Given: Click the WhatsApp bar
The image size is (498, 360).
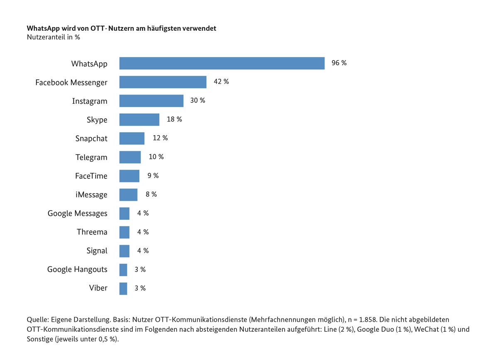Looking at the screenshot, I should [x=222, y=63].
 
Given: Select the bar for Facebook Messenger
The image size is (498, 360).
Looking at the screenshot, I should [x=163, y=82].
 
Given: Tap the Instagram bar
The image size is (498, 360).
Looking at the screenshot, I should [x=151, y=101].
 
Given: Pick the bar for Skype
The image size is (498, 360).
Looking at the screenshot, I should [x=139, y=119].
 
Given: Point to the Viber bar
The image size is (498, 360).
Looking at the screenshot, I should [x=123, y=288].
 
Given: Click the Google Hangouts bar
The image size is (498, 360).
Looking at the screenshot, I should [x=123, y=270].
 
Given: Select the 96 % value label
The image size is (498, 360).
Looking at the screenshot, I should [x=339, y=63].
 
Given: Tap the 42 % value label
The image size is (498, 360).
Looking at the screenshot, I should [x=221, y=82].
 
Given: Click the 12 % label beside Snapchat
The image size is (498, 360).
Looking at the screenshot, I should [x=160, y=138].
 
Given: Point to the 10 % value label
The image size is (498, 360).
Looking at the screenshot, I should [x=156, y=157].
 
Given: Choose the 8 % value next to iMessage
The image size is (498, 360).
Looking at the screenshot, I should [x=151, y=194].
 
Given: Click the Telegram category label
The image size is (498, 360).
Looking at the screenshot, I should [x=91, y=157].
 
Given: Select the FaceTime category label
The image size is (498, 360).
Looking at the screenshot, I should [x=91, y=176].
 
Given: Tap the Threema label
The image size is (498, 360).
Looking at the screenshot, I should [x=92, y=232].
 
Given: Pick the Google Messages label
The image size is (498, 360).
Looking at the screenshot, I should [x=77, y=214].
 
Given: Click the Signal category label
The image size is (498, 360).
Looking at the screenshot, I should [x=97, y=251].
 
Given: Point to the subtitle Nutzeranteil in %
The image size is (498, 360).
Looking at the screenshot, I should [x=53, y=37].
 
